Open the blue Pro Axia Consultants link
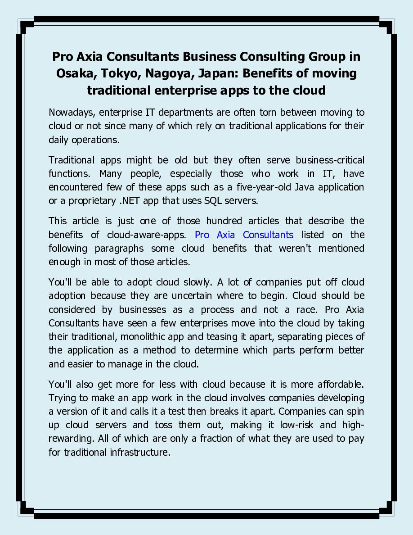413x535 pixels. coord(244,235)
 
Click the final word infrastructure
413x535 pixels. coord(140,452)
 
